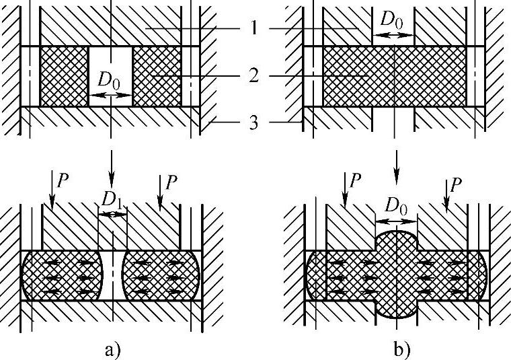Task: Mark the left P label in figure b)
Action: [x=356, y=180]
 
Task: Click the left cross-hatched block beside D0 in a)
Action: [x=64, y=76]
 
